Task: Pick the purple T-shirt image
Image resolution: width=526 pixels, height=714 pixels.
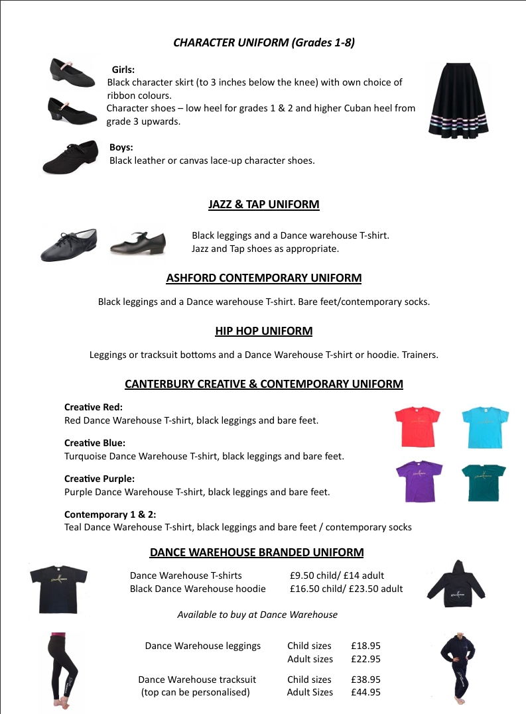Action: click(x=419, y=481)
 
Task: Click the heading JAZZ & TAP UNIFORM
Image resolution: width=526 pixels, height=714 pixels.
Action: click(x=263, y=204)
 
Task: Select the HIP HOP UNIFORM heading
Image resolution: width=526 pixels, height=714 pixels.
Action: click(x=263, y=331)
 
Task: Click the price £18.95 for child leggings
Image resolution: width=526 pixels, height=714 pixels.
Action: click(x=365, y=646)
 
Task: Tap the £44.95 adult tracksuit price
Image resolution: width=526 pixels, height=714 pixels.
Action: click(x=365, y=692)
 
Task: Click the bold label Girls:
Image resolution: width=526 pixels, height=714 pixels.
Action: click(x=123, y=69)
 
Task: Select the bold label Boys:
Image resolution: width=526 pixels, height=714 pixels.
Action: click(x=121, y=147)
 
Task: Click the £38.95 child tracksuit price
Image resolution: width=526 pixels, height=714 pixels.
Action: click(x=365, y=680)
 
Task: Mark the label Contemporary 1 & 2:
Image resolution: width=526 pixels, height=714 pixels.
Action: click(x=110, y=514)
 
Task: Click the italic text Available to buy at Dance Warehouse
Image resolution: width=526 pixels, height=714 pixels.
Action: click(x=257, y=615)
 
